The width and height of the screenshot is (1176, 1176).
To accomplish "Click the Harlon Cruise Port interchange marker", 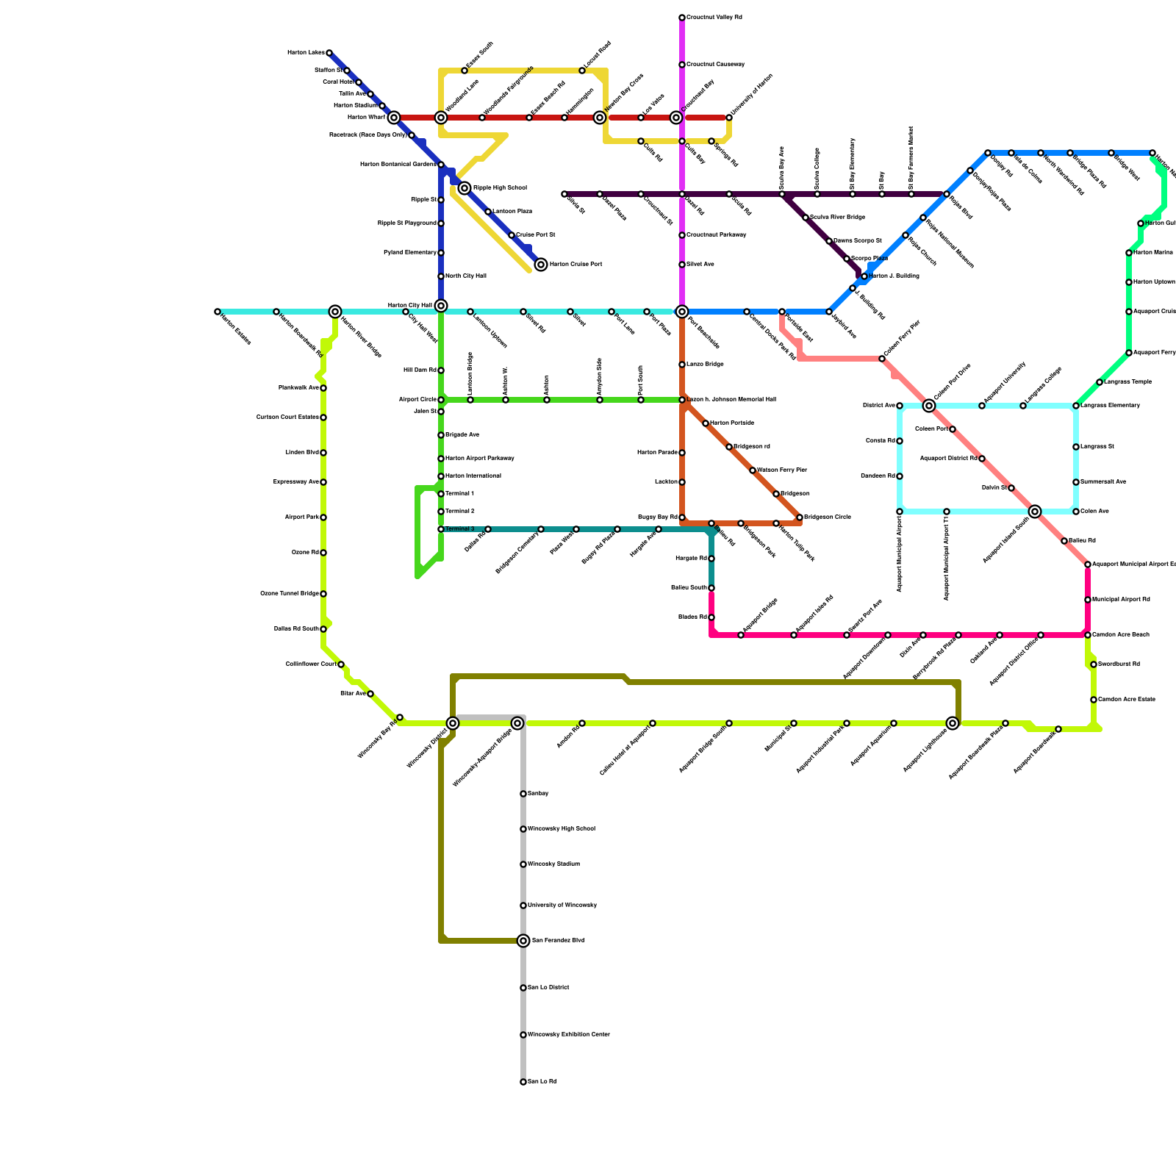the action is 541,265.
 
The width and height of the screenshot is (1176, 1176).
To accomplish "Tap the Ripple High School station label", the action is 500,188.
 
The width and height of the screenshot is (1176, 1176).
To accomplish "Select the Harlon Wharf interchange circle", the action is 394,118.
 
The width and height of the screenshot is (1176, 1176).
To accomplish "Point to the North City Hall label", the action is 466,276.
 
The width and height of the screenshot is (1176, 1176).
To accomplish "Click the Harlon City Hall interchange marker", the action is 441,306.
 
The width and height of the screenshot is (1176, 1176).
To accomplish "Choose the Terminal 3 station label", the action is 460,529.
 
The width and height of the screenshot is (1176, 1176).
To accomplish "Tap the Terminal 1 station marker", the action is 441,494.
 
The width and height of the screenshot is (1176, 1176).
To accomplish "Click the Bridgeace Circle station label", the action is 828,517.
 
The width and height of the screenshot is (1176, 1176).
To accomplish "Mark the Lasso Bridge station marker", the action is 682,365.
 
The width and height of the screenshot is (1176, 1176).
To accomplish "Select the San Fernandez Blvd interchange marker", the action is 523,941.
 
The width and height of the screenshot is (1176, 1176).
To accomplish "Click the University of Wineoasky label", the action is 562,906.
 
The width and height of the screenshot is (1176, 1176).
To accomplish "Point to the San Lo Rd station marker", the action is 523,1082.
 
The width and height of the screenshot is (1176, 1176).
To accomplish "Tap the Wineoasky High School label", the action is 562,829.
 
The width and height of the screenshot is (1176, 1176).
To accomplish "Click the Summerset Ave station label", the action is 1103,482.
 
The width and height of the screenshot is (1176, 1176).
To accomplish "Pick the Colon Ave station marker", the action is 1076,512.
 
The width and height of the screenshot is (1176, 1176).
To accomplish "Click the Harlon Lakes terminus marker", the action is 329,53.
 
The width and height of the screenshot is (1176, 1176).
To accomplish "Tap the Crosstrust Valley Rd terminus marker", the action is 682,18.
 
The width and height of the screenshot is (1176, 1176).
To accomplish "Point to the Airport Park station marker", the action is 323,517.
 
